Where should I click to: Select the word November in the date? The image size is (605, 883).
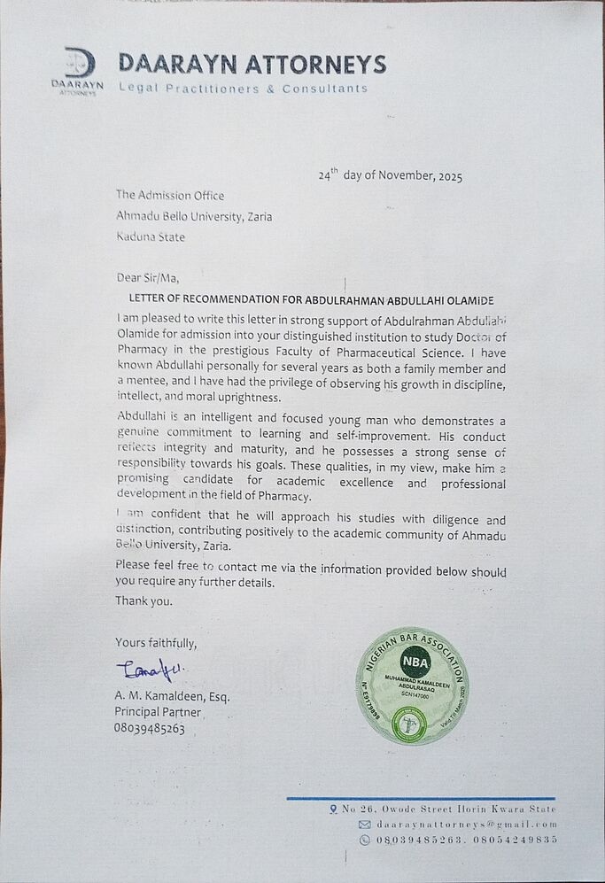(x=401, y=175)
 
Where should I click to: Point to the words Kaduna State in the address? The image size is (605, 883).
(x=151, y=236)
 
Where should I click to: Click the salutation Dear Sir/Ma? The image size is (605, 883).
(x=147, y=277)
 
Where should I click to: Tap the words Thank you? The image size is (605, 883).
(x=144, y=600)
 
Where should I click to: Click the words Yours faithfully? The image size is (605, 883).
(x=156, y=642)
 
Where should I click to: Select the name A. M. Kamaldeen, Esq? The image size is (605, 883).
(x=172, y=696)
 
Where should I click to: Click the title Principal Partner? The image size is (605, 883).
(x=158, y=712)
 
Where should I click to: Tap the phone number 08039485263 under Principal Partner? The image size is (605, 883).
(x=149, y=728)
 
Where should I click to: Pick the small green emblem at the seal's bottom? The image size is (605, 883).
(x=409, y=724)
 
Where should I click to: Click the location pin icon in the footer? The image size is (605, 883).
(x=333, y=809)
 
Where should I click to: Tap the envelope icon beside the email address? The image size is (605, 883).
(x=364, y=825)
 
